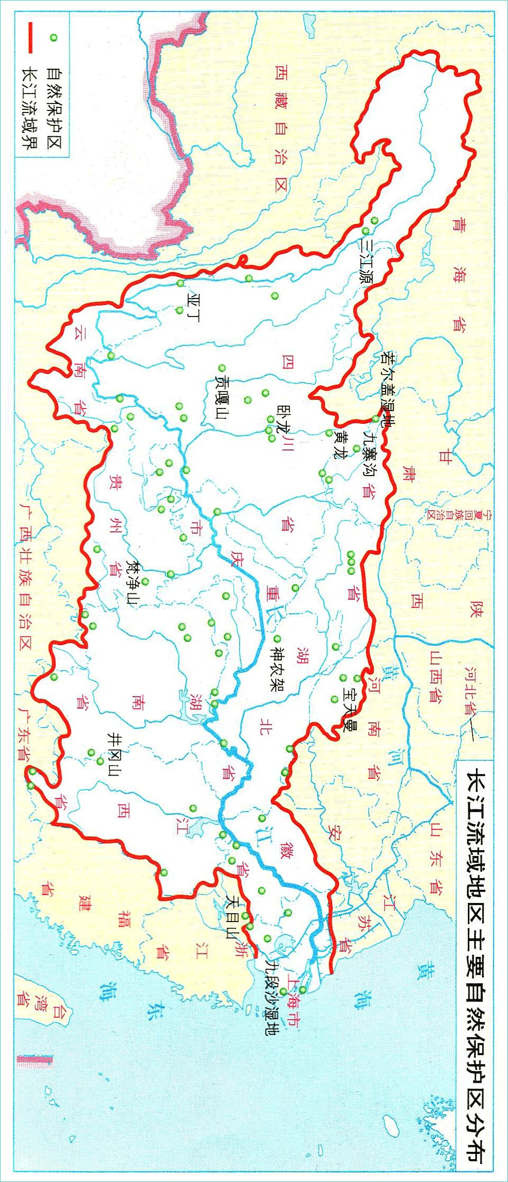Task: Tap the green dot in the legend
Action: pos(53,37)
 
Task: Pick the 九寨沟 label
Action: pos(368,453)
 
